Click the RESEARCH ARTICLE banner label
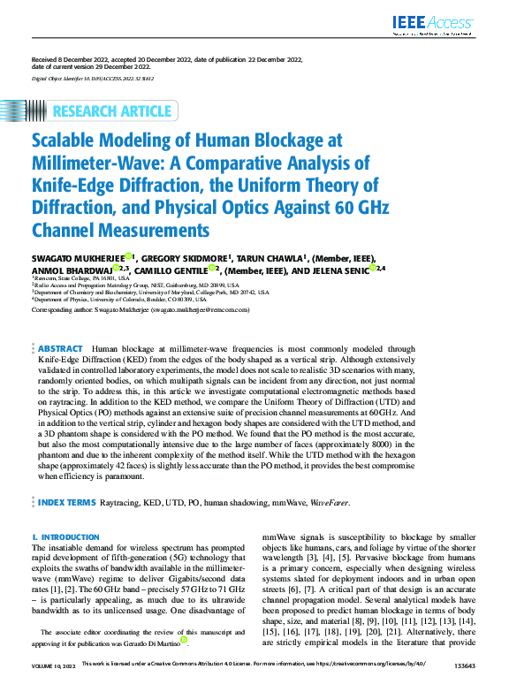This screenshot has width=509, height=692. point(112,110)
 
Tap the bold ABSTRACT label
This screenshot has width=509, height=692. point(61,350)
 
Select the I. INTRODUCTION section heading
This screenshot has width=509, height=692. point(65,537)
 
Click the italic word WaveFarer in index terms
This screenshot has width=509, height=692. point(330,503)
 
